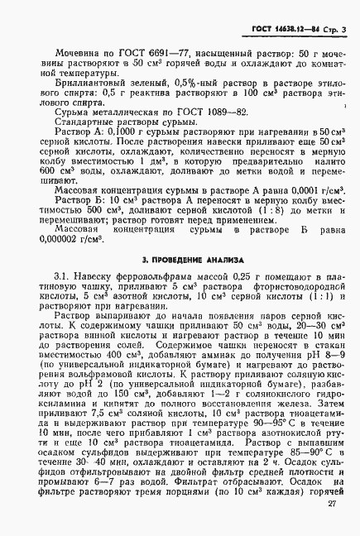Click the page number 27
330,525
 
